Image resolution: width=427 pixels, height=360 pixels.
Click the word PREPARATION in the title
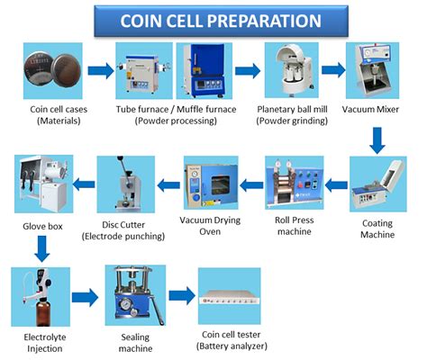coord(264,21)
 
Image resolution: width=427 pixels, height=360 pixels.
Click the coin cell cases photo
coord(53,71)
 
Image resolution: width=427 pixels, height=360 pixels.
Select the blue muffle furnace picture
coord(204,71)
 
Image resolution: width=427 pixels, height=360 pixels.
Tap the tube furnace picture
coord(144,71)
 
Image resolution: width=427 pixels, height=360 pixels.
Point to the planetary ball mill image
coord(292,70)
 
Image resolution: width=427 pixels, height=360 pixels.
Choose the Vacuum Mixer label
coord(370,109)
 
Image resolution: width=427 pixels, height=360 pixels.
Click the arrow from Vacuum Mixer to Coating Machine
coord(377,140)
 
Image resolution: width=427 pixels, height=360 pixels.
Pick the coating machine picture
coord(378,184)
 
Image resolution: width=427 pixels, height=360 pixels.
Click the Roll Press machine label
coord(295,226)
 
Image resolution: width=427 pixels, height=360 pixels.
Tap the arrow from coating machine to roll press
coord(336,185)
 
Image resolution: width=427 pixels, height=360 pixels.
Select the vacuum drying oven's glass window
coord(221,185)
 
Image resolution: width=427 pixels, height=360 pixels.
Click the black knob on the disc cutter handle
coord(121,158)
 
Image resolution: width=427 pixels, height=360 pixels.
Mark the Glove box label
coord(42,226)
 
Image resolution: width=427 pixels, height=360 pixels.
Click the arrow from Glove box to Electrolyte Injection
coord(42,248)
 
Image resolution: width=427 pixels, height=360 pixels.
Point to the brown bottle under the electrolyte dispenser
coord(42,313)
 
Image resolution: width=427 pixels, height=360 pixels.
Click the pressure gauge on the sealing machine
coord(125,304)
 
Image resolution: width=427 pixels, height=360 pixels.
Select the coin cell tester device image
coord(230,296)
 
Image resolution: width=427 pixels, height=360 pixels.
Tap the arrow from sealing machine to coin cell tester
coord(182,295)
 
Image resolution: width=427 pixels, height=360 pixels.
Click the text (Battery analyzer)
coord(232,346)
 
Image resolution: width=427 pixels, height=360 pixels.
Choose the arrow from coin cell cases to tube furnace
coord(101,71)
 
